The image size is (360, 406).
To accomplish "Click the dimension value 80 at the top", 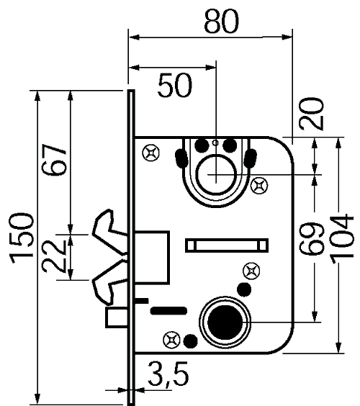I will [220, 23].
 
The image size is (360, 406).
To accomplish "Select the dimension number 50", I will [175, 86].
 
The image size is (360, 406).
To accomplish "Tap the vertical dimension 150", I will [22, 236].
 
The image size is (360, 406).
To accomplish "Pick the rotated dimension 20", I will [314, 113].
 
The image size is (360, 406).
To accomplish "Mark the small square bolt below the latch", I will [115, 317].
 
